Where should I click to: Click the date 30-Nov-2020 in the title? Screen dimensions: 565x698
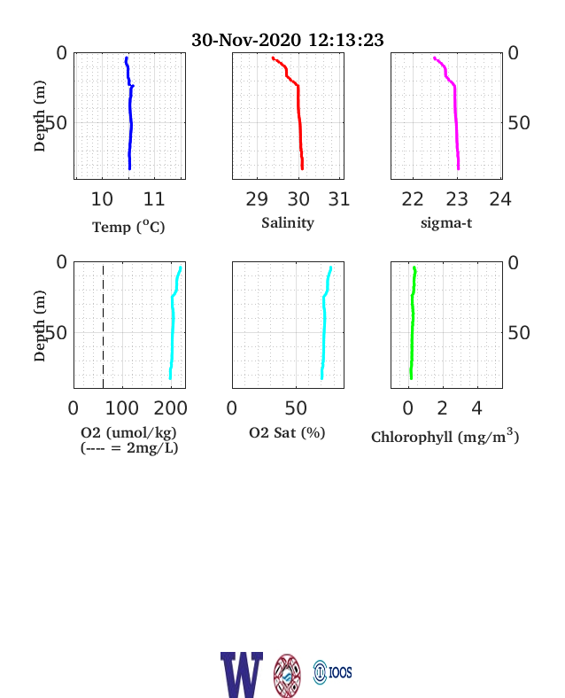(246, 40)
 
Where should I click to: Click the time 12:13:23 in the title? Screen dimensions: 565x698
(345, 40)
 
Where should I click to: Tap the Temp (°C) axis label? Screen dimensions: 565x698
(128, 227)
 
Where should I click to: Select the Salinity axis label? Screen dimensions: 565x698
(288, 222)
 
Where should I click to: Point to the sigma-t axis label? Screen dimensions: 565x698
(446, 222)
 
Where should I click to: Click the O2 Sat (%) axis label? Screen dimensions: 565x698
(287, 432)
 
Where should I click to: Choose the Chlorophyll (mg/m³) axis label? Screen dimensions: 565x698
(445, 436)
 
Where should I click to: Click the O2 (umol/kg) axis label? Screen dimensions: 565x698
(128, 432)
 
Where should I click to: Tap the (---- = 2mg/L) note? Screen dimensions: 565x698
(129, 447)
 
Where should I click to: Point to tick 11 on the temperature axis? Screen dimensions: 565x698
(154, 199)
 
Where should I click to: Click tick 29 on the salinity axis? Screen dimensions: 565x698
(257, 199)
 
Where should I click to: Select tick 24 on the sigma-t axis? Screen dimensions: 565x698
(500, 199)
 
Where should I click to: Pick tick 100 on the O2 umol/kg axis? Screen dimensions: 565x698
(122, 408)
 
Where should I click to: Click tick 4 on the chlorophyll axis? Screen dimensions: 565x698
(477, 408)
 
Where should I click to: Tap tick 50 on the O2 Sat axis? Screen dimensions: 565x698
(296, 408)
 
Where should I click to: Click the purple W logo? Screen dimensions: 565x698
(242, 675)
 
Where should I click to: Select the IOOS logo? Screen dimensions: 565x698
(332, 672)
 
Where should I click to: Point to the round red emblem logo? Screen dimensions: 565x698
(287, 675)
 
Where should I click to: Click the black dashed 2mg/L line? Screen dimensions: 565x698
(104, 327)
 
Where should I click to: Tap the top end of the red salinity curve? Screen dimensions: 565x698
(273, 58)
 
